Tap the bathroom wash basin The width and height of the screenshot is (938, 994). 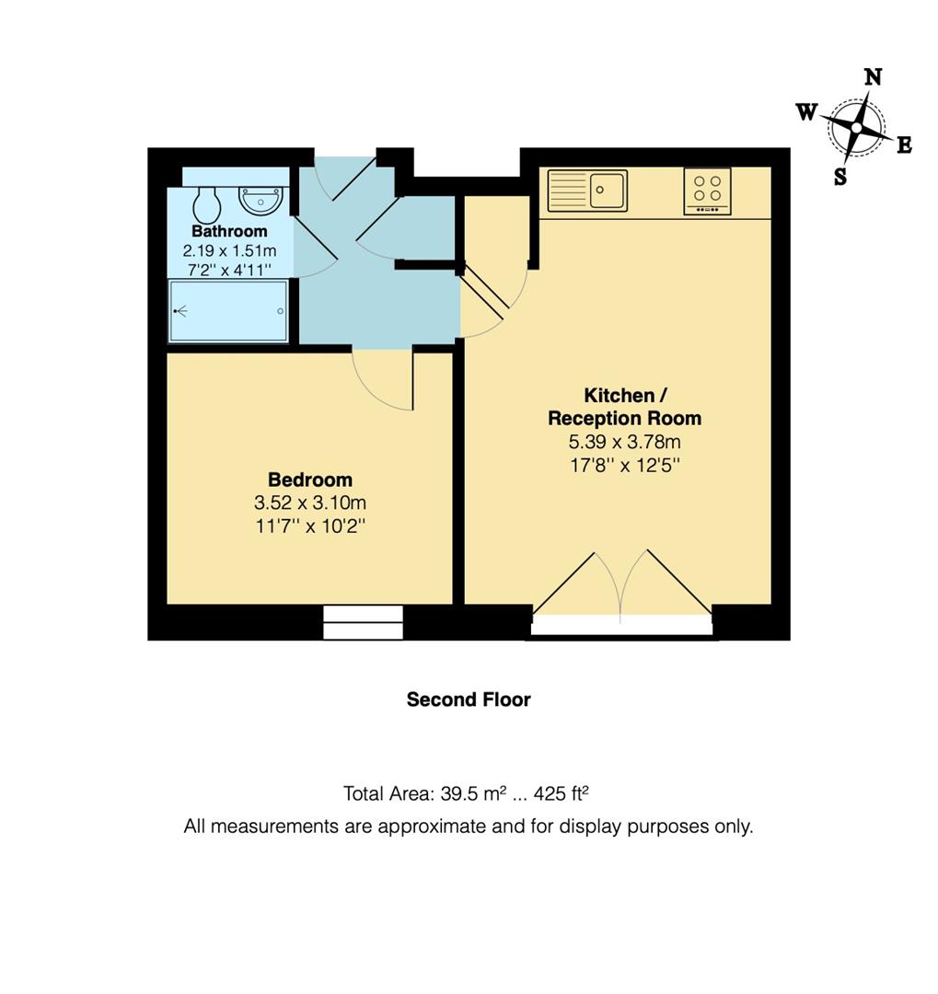click(261, 201)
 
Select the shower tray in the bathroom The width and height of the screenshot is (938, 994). click(229, 311)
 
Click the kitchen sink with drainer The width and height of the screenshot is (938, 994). click(587, 191)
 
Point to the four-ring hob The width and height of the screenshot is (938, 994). click(707, 191)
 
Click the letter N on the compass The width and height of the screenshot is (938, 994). click(874, 77)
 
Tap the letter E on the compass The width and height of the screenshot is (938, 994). click(904, 145)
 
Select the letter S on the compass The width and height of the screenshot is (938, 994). click(840, 176)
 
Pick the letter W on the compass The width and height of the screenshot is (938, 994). click(806, 112)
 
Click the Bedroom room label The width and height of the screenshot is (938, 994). click(310, 480)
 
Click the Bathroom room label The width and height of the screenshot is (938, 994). click(229, 231)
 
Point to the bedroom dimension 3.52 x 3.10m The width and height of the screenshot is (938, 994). click(310, 503)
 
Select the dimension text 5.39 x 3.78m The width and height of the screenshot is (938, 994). click(625, 441)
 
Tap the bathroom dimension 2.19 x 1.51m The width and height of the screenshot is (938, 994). click(229, 250)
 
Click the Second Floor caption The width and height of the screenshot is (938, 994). click(469, 699)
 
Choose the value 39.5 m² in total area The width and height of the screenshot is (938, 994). click(473, 793)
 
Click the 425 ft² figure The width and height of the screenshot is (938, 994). click(562, 793)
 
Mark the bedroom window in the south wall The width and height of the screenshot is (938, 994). click(363, 622)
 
